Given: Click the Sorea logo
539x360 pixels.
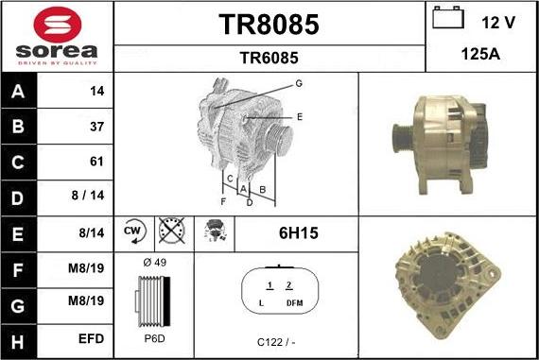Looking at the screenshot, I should click(x=57, y=36).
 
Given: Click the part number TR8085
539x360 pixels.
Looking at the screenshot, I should click(x=269, y=24).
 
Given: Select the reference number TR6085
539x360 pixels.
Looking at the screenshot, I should click(x=269, y=57).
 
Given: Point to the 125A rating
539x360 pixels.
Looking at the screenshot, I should click(x=479, y=55).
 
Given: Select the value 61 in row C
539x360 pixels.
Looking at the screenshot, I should click(x=96, y=162).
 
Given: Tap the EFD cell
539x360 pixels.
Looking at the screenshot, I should click(x=91, y=337).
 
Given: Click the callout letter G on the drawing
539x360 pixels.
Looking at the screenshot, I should click(x=298, y=84).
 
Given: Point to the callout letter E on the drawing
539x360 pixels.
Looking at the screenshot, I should click(x=299, y=116).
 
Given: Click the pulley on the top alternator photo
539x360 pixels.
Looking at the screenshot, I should click(x=399, y=143).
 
